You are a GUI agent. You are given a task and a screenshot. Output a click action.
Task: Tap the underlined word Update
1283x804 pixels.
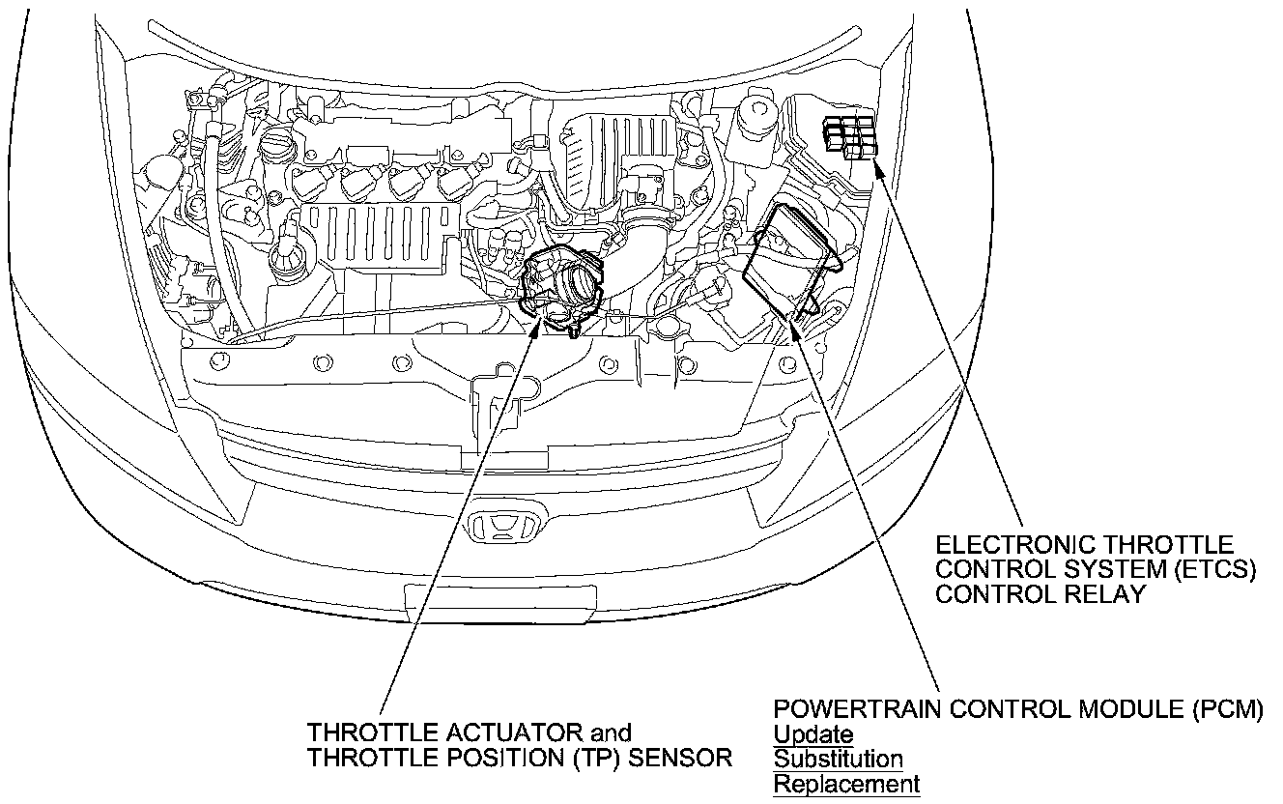coord(813,734)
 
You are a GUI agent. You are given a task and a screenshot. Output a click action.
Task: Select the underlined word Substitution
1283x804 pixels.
coord(838,760)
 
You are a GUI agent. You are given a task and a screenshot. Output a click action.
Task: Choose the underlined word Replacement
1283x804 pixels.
coord(846,784)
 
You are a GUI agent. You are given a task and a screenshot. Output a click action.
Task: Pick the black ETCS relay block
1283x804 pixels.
coord(851,137)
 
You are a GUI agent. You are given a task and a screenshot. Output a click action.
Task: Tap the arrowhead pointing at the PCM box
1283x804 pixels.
coord(794,331)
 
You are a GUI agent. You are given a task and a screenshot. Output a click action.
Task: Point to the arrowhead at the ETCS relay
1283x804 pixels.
coord(878,167)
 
